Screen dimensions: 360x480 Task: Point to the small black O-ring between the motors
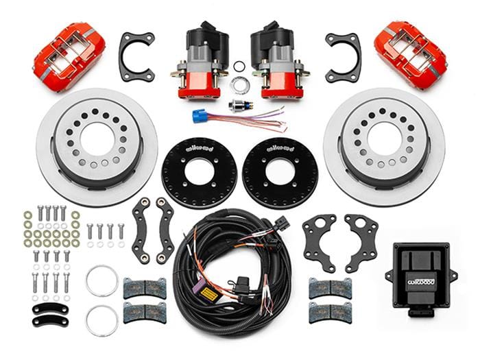239,67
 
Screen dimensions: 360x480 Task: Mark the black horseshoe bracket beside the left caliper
136,56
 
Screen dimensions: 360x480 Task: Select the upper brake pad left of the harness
144,288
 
